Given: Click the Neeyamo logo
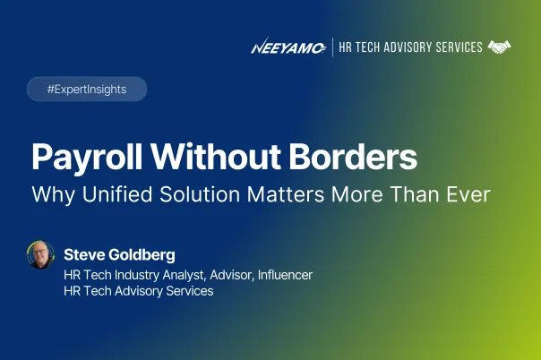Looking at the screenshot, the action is (288, 47).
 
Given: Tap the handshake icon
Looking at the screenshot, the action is (499, 47).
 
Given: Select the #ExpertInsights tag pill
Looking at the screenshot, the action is (87, 89).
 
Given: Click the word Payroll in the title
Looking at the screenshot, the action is (87, 158).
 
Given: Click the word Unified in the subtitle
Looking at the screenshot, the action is (117, 194).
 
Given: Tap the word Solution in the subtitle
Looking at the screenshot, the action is (200, 194).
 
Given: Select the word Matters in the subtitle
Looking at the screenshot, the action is (286, 194).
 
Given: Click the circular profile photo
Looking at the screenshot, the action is (40, 255).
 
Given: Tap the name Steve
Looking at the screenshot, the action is (84, 255).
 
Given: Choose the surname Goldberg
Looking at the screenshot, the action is (142, 255).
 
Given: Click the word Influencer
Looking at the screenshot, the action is (286, 275).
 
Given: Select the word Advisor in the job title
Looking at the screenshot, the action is (234, 275).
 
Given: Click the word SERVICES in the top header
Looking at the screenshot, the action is (459, 47).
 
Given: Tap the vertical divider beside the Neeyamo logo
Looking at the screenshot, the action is (332, 47).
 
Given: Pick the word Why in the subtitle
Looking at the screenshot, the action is (53, 195).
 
